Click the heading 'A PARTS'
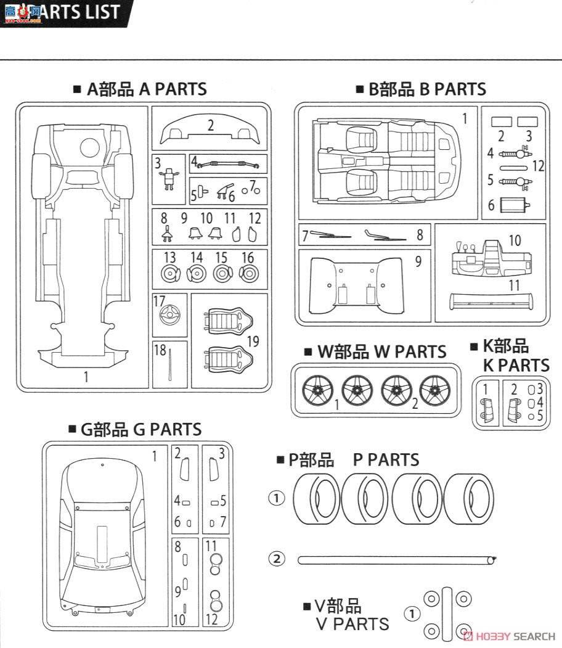(173, 89)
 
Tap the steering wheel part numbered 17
(167, 318)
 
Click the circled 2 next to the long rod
(277, 559)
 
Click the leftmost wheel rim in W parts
(318, 390)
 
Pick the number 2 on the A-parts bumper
(210, 125)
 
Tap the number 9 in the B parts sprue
(418, 261)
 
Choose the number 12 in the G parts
(211, 618)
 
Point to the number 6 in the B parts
(491, 205)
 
